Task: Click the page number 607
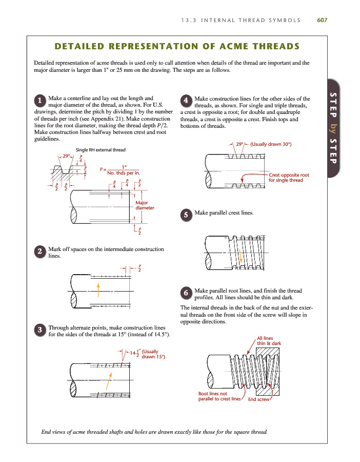(x=322, y=20)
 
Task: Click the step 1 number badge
(x=39, y=101)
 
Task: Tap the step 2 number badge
(x=39, y=251)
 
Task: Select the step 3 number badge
(x=39, y=330)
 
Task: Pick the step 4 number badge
(x=187, y=100)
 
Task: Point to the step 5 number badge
(x=187, y=215)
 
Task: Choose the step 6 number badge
(x=187, y=293)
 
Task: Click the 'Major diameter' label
(x=145, y=205)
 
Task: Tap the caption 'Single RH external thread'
(x=101, y=150)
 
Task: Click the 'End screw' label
(x=258, y=399)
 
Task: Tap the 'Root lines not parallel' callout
(x=219, y=396)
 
